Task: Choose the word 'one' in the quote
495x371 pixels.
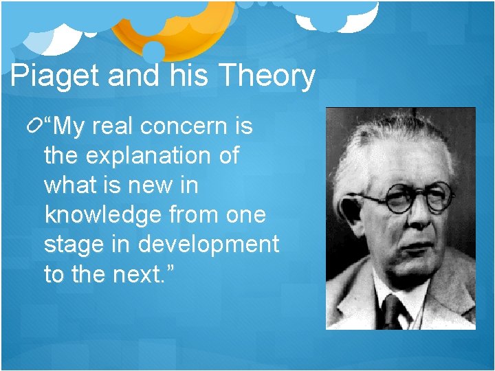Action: pos(246,216)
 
